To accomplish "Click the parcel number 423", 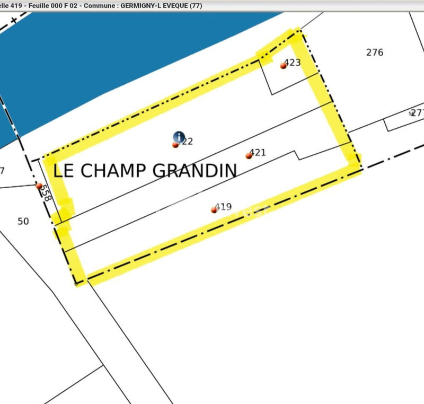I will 293,63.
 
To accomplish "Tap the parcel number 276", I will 374,52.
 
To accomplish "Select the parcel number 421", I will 258,153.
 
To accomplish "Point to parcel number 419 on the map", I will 224,207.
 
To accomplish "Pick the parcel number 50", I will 23,221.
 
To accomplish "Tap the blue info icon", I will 179,137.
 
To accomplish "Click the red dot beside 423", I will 283,66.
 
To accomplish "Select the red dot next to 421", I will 249,156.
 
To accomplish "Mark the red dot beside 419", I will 214,210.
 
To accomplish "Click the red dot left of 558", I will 39,186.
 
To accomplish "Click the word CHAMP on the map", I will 113,170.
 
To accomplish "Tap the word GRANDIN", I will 195,170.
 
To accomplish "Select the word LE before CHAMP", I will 64,170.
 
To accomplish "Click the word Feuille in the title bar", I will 36,6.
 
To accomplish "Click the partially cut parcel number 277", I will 418,112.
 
